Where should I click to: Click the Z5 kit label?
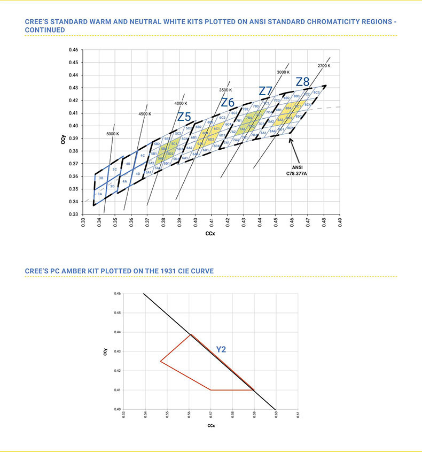[184, 117]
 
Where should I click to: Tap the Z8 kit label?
[302, 82]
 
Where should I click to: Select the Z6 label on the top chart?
[228, 102]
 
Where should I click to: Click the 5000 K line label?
[113, 133]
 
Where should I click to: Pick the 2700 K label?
[324, 66]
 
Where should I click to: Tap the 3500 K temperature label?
[225, 90]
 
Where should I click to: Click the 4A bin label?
[124, 182]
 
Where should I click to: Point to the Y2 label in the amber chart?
[221, 349]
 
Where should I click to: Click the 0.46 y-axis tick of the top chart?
[74, 50]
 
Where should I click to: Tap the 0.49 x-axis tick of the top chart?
[339, 222]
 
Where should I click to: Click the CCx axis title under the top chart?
[212, 234]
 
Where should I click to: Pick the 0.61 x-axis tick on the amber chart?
[298, 415]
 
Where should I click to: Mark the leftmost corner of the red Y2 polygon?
[161, 362]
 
